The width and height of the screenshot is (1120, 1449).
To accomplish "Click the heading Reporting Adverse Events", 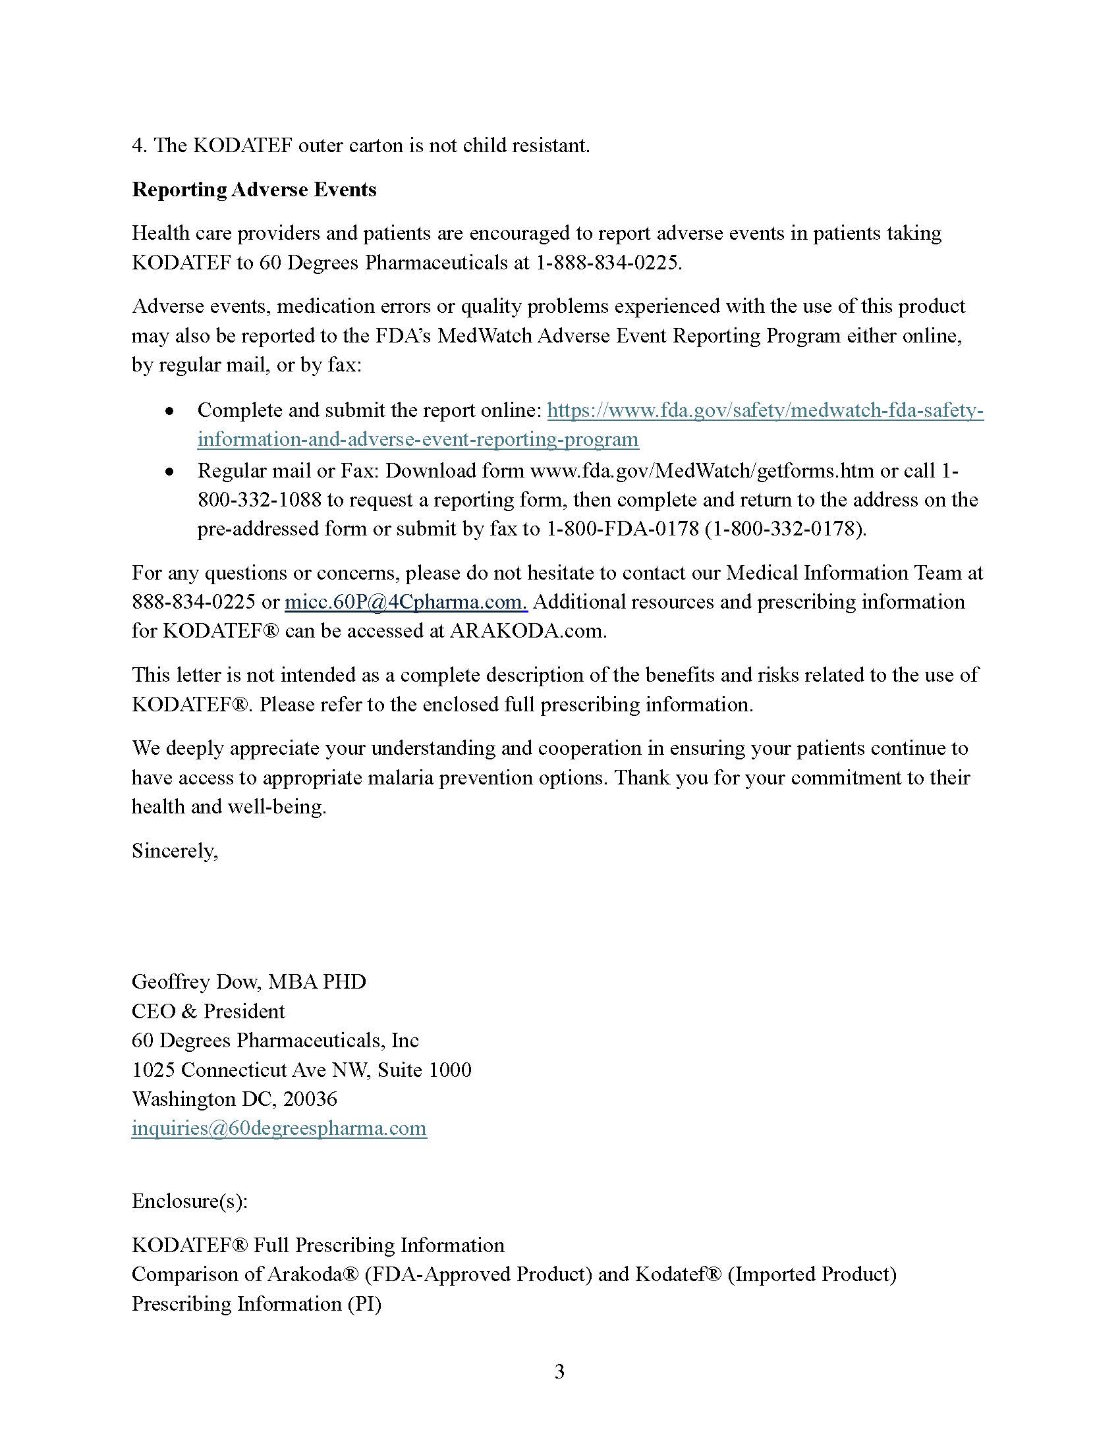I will [254, 190].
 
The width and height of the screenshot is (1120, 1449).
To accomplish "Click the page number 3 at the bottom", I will [559, 1371].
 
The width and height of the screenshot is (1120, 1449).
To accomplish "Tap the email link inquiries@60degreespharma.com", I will [279, 1128].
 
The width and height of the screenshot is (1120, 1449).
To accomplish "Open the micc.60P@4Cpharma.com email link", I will [405, 602].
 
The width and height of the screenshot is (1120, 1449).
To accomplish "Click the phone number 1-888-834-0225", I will [608, 263].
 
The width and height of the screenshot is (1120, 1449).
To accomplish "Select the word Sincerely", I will [175, 850].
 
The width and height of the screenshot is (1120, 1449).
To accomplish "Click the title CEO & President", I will [208, 1011].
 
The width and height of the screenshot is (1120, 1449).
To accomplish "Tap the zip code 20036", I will [310, 1099].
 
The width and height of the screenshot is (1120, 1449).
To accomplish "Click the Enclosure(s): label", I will [190, 1201].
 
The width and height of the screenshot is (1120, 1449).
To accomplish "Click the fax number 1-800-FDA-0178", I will [623, 529].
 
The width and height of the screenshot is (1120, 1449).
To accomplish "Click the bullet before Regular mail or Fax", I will [170, 472].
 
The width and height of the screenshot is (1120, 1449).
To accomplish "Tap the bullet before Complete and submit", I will [170, 412].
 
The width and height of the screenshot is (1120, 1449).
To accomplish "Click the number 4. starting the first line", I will [138, 146].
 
